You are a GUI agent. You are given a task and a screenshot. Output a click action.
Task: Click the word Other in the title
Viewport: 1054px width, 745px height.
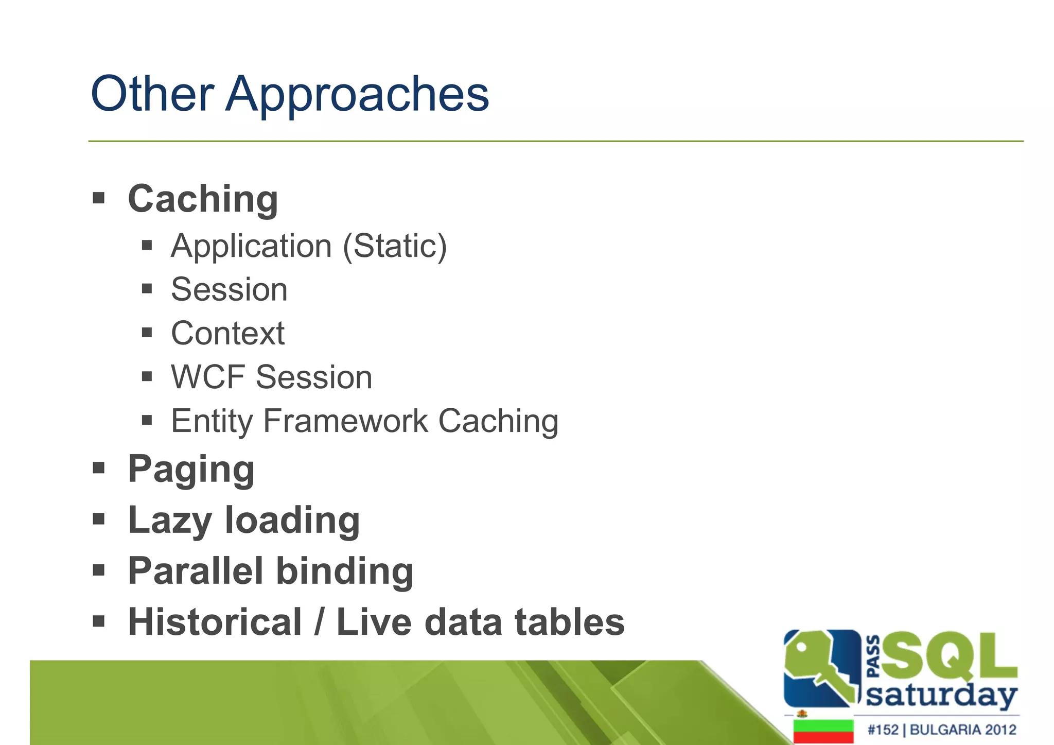click(x=152, y=94)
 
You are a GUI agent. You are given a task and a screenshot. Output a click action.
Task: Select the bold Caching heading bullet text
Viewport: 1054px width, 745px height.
click(x=203, y=199)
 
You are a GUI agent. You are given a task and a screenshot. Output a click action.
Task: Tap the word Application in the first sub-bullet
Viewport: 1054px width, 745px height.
click(x=251, y=247)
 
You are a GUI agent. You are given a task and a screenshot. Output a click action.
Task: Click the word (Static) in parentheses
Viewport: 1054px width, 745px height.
click(x=395, y=247)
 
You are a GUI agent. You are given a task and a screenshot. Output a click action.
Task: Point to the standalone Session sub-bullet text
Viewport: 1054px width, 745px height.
click(x=229, y=289)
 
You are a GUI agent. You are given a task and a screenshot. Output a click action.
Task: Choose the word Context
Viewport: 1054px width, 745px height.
click(x=227, y=334)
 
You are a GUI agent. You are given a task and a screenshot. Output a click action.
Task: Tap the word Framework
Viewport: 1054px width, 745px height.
click(x=345, y=421)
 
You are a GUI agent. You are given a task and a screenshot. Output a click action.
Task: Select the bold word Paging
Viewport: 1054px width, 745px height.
click(x=191, y=470)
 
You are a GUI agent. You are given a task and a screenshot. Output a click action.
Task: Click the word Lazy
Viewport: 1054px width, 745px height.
click(x=170, y=521)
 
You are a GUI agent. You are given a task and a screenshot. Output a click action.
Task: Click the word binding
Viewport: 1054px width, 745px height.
click(x=345, y=572)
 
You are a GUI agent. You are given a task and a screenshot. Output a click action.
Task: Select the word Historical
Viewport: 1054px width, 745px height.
click(x=215, y=622)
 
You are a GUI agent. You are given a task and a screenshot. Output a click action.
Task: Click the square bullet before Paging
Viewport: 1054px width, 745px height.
click(x=99, y=468)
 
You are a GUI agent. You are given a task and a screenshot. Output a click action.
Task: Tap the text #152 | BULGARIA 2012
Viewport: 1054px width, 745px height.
click(x=941, y=730)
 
